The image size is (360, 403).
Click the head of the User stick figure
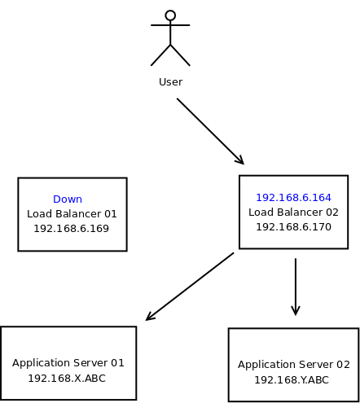point(170,15)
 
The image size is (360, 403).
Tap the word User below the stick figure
point(171,82)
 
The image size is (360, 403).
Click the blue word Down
point(68,199)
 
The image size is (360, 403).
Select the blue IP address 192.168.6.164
point(293,198)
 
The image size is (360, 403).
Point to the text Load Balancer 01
point(72,214)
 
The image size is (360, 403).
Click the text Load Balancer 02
point(293,212)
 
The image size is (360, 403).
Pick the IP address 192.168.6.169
point(71,229)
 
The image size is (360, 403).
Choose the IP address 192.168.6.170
point(293,227)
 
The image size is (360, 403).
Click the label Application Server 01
point(68,363)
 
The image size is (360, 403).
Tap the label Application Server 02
point(294,365)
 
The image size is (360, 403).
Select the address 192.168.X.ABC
point(67,379)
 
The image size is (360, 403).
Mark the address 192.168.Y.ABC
point(292,380)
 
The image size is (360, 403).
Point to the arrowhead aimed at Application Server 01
point(149,318)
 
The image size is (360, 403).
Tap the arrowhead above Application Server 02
point(296,312)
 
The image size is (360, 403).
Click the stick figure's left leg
point(160,55)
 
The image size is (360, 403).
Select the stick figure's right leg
point(180,55)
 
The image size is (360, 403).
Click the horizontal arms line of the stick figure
point(170,25)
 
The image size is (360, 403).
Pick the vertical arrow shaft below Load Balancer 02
point(296,287)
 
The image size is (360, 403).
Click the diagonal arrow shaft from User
point(210,131)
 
